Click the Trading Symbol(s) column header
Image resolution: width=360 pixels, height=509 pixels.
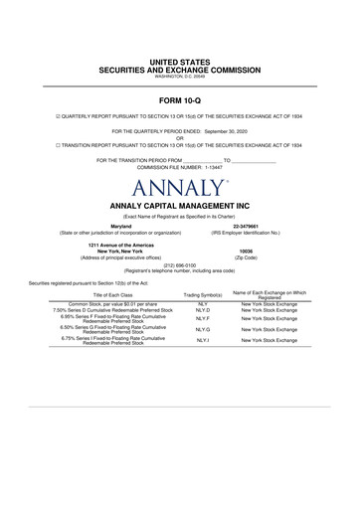203,296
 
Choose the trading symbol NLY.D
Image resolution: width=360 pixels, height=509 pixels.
203,310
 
